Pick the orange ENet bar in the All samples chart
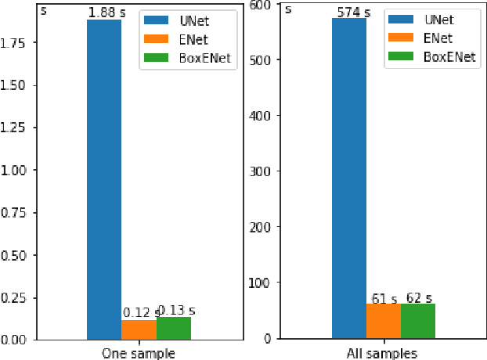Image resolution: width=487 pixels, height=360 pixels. click(x=383, y=321)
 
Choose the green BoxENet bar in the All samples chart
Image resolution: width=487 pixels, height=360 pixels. click(x=417, y=321)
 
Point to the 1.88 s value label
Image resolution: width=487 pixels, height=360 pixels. click(x=104, y=13)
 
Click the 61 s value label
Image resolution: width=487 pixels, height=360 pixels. click(x=384, y=298)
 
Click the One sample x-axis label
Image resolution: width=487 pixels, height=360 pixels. click(x=139, y=353)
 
